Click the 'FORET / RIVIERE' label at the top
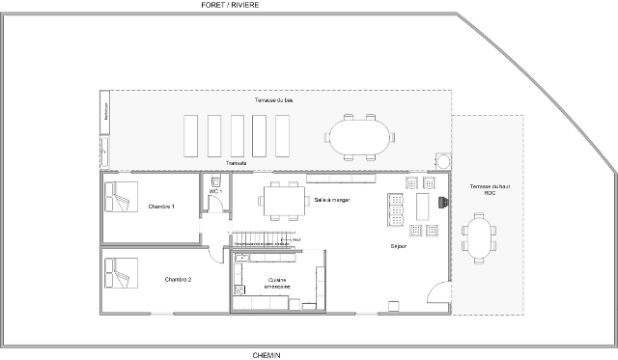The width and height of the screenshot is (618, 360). coord(230,5)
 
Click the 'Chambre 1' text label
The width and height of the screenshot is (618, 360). coord(161,207)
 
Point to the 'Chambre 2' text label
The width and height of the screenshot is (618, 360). coord(178,279)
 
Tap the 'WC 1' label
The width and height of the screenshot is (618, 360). coord(215,192)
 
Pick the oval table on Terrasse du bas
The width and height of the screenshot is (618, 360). coord(359,135)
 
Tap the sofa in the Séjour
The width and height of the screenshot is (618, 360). coord(395,209)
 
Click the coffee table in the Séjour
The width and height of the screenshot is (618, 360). coord(423,206)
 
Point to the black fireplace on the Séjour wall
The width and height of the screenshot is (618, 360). coord(443,203)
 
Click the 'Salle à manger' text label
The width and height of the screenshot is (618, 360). coord(332,200)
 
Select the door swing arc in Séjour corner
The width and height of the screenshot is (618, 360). coord(437,292)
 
